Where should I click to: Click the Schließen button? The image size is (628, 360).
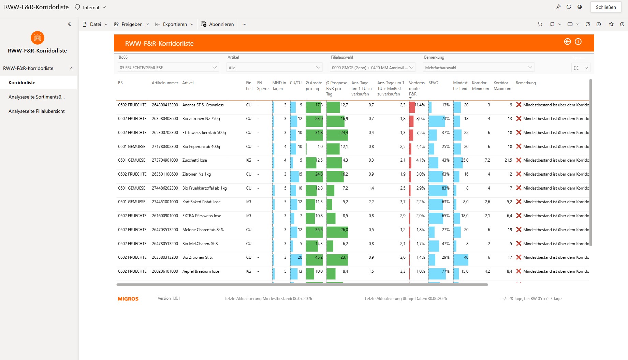point(606,7)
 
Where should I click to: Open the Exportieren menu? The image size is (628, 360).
point(174,24)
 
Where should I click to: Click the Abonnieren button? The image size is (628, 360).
point(217,24)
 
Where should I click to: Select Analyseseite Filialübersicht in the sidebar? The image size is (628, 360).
point(36,111)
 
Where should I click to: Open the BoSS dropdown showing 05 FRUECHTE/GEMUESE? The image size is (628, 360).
point(168,67)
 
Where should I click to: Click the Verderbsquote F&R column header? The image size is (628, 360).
point(417,88)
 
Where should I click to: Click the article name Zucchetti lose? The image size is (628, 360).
point(194,160)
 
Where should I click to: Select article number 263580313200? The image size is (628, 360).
point(165,257)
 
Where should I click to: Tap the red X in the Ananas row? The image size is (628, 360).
point(519,105)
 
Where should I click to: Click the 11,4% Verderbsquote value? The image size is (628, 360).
point(420,105)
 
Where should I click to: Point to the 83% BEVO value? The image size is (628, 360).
point(446,188)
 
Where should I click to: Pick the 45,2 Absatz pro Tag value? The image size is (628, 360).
point(319,257)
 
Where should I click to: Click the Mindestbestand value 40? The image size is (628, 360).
point(466,257)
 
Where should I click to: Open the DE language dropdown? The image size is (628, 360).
point(581,68)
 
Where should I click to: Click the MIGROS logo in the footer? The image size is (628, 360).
point(128,299)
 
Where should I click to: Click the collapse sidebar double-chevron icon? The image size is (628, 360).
point(69,24)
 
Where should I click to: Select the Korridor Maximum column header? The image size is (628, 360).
point(502,86)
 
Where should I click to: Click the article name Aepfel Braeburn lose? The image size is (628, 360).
point(201,271)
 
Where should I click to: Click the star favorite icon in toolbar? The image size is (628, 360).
point(611,24)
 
